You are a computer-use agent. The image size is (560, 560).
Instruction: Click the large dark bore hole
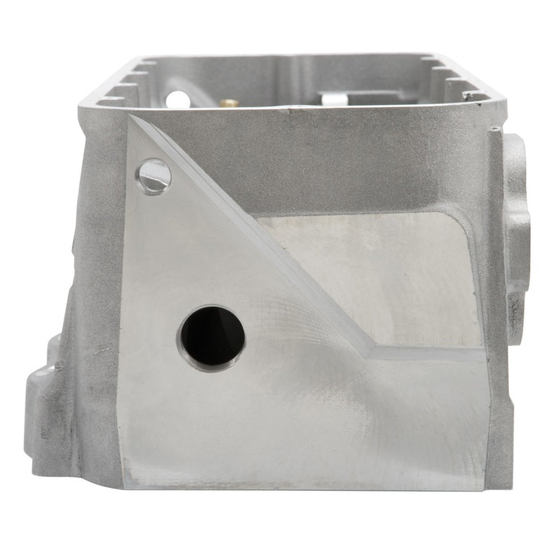pos(212,339)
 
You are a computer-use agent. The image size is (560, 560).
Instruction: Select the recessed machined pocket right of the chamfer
pos(378,280)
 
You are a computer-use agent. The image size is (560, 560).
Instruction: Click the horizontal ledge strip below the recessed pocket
pos(427,353)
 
